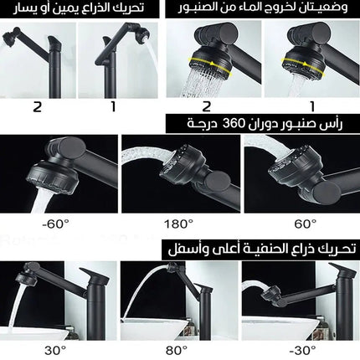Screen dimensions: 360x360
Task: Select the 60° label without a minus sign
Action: tap(304, 223)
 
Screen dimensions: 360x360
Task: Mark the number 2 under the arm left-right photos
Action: tap(36, 106)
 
